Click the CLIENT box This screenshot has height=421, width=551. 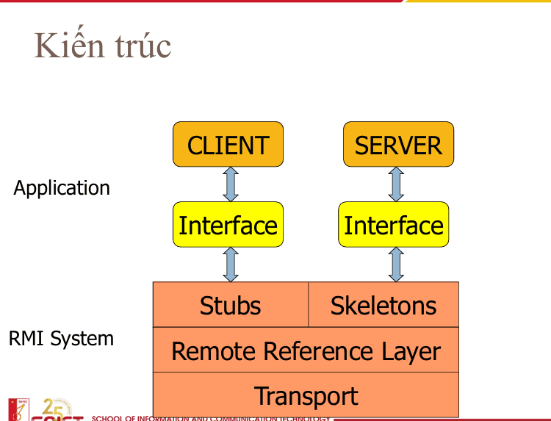click(x=228, y=144)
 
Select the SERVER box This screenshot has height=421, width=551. click(x=398, y=144)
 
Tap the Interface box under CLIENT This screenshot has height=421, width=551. click(x=228, y=225)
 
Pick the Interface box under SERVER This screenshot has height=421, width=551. click(x=394, y=225)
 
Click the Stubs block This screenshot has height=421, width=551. click(x=230, y=305)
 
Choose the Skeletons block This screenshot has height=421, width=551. click(x=383, y=305)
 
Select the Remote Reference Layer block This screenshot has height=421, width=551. click(x=306, y=350)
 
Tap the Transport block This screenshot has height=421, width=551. click(x=306, y=396)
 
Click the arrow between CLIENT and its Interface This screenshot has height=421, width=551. click(x=231, y=184)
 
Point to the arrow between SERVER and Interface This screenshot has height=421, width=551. click(x=396, y=184)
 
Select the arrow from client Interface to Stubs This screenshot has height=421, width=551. click(x=231, y=265)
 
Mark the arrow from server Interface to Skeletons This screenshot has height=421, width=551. click(x=396, y=265)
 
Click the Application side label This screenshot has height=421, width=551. click(x=62, y=188)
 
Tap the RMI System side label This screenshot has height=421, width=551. click(x=61, y=339)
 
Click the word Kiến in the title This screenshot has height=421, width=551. click(x=65, y=46)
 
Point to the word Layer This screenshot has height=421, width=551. click(x=411, y=352)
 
